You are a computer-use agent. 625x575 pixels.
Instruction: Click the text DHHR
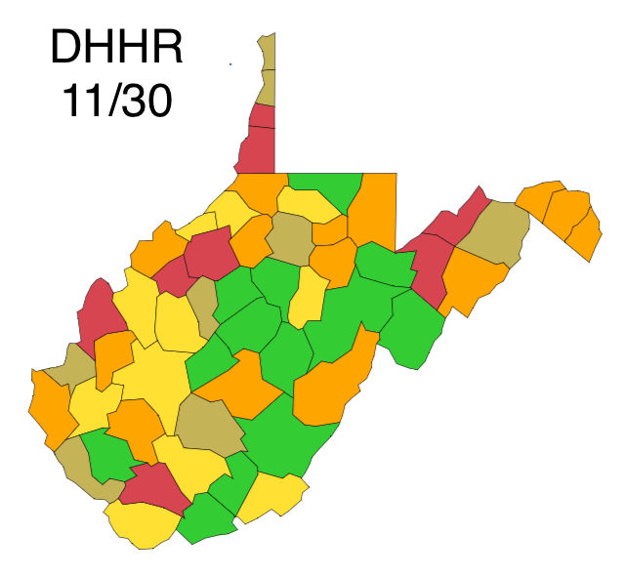point(115,49)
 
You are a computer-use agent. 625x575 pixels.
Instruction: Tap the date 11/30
point(116,101)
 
